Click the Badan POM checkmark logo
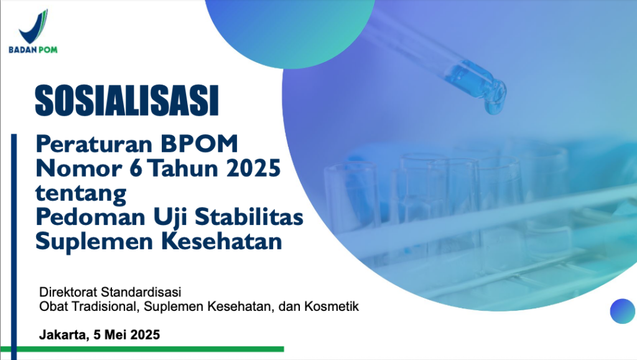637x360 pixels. [34, 27]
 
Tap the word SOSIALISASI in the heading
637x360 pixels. [127, 101]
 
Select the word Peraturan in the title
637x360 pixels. [94, 144]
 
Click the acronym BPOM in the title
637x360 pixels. [199, 144]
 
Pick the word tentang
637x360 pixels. [81, 193]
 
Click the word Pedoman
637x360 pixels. [90, 217]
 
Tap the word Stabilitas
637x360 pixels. [249, 217]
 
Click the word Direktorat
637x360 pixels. [68, 292]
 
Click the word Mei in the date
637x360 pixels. [116, 335]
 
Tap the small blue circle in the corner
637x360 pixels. [622, 312]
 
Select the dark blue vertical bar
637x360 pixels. [14, 247]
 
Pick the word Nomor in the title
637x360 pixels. [79, 168]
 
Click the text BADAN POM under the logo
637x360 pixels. [33, 50]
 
